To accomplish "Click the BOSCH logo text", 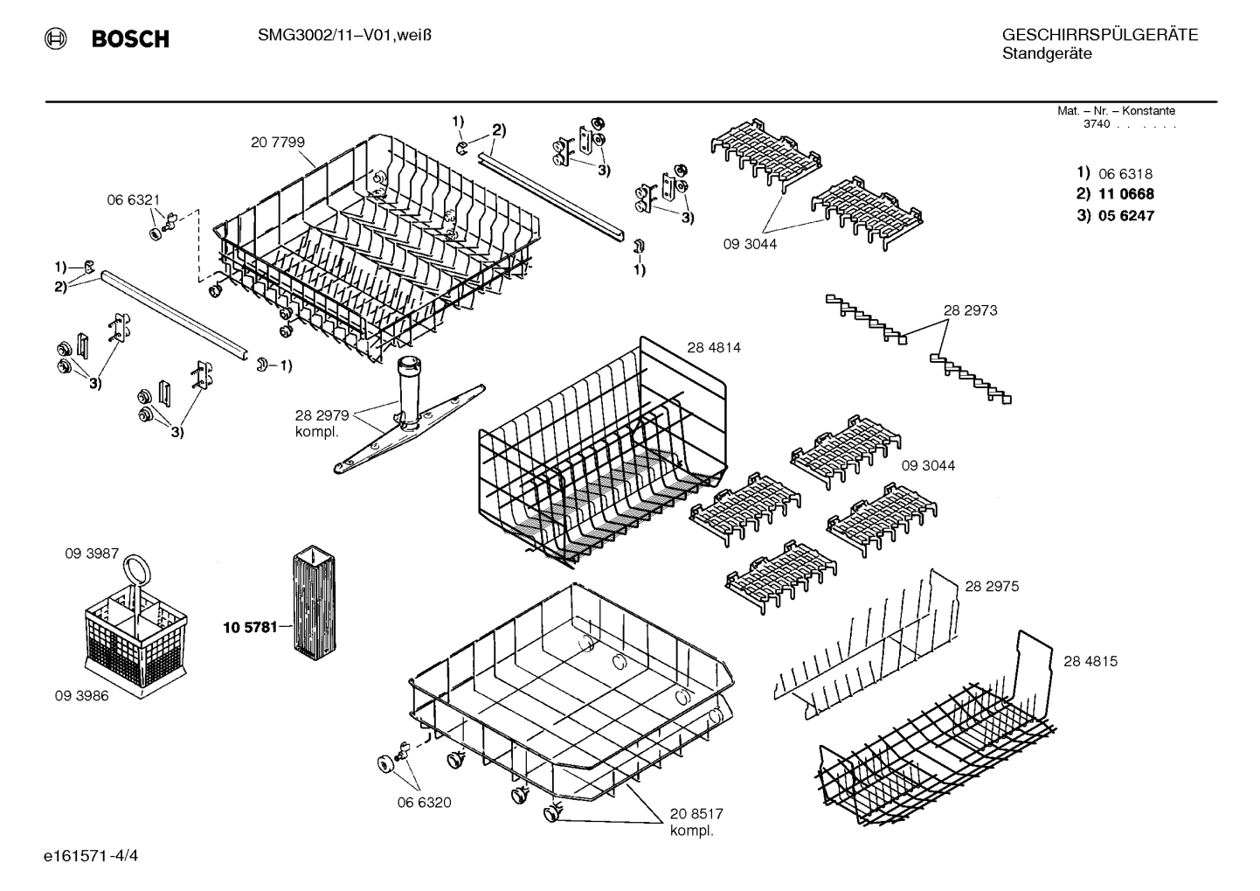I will pos(129,38).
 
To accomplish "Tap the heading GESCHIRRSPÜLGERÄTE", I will pos(1099,35).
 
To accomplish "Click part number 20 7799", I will pos(277,142).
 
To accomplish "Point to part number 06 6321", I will pos(133,200).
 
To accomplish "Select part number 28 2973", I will pos(970,310).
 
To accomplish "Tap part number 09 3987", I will pos(92,553).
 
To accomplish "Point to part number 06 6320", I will pos(424,802).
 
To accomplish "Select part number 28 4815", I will pos(1090,661).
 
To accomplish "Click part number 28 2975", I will pos(992,586).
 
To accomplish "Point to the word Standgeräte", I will pos(1046,54).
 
